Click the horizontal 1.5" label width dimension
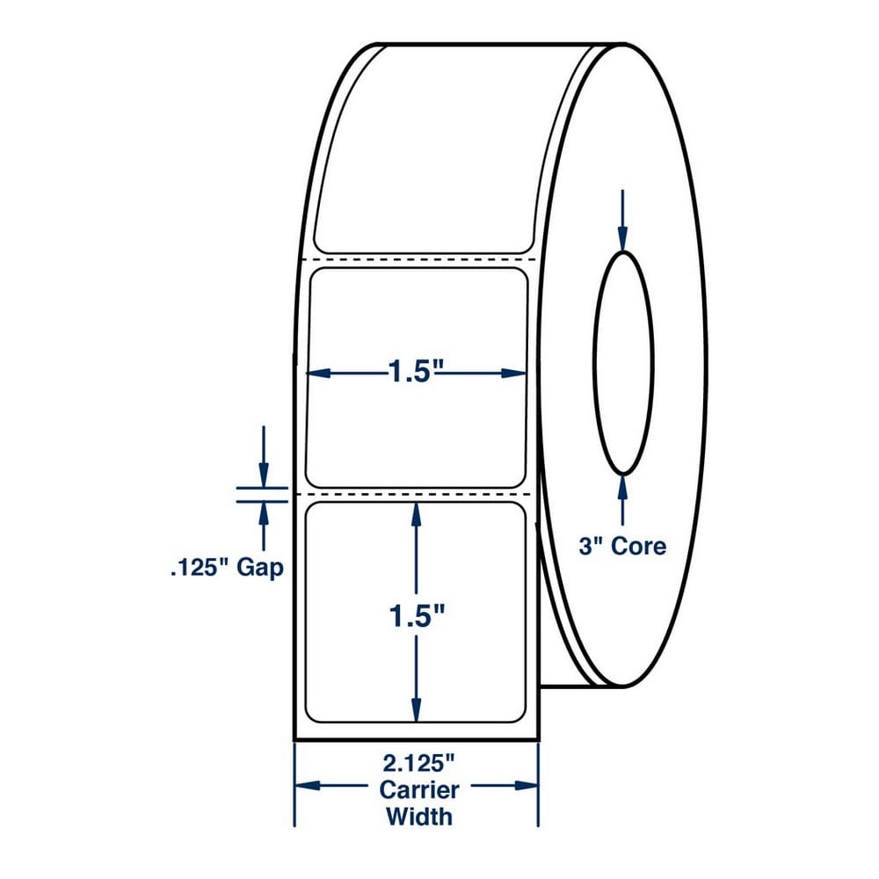click(x=416, y=372)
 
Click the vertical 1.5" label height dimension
click(x=416, y=617)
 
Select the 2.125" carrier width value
click(x=418, y=763)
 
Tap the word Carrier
click(x=418, y=790)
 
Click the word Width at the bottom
click(x=418, y=817)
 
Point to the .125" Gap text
click(x=227, y=568)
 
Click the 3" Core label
click(x=622, y=546)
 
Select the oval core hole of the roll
click(x=623, y=363)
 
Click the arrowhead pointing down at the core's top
click(x=623, y=239)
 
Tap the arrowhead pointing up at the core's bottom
click(x=623, y=488)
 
